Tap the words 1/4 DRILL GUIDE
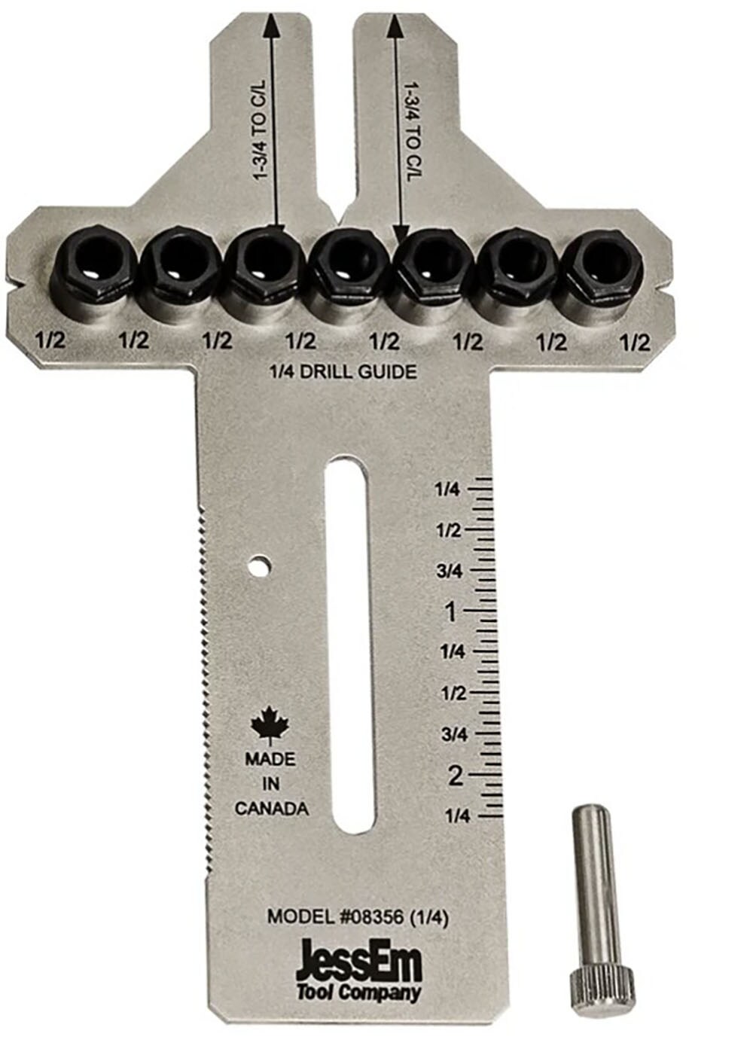click(x=343, y=371)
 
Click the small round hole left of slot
click(x=261, y=565)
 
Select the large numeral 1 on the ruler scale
click(x=450, y=612)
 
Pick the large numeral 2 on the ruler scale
click(x=454, y=775)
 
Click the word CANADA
click(x=271, y=809)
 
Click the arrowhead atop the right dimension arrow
click(x=392, y=29)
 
